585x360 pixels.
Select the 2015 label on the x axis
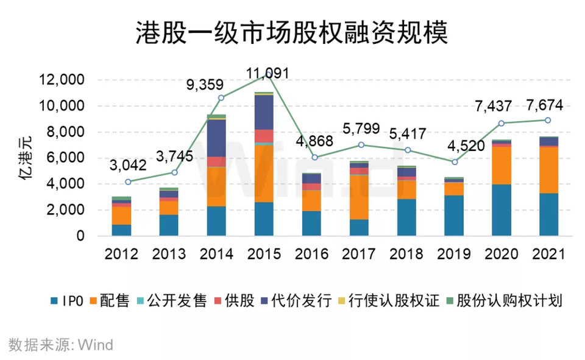(268, 253)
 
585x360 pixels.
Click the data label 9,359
(205, 85)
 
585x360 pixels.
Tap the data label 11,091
(268, 74)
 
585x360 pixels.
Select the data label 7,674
(537, 104)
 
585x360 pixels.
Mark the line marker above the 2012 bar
(128, 182)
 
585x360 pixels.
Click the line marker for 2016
(314, 157)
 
